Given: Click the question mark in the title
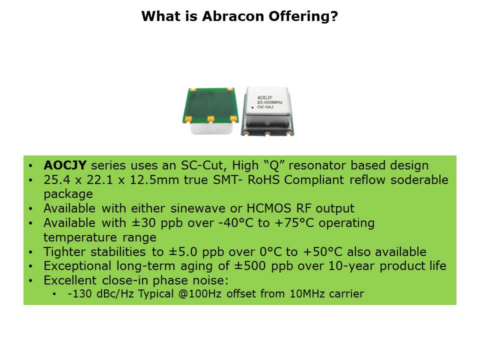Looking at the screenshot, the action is coord(334,16).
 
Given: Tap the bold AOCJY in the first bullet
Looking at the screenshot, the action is coord(65,165).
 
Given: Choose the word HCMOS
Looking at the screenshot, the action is coord(268,208).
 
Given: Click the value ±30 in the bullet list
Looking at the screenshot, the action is coord(143,223).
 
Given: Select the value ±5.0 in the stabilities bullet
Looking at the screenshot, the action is coord(183,251).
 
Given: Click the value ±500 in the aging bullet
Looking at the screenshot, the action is coord(250,265).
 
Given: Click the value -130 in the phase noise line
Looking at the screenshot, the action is coord(79,294).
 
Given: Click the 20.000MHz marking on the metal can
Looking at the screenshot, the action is coord(269,102).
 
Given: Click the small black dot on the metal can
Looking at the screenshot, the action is coord(252,108).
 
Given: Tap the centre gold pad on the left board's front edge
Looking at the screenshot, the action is coord(210,119).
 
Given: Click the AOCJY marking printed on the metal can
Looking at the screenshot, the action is coord(264,97).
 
